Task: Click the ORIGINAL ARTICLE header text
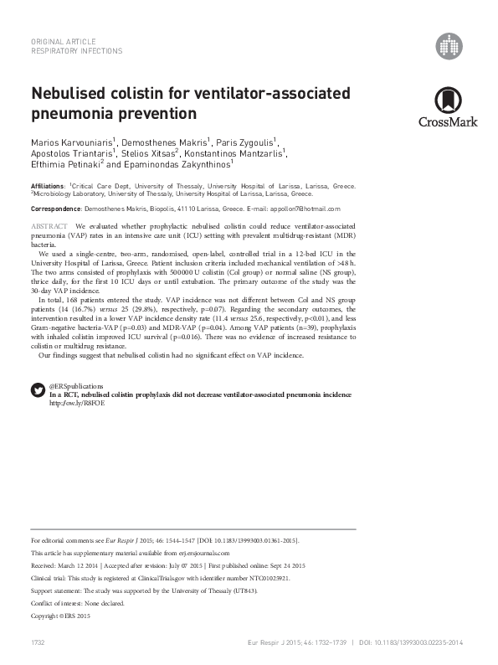(x=63, y=41)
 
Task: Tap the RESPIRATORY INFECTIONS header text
(x=76, y=51)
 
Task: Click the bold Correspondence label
(x=54, y=208)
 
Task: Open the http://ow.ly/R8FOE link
(x=77, y=403)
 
